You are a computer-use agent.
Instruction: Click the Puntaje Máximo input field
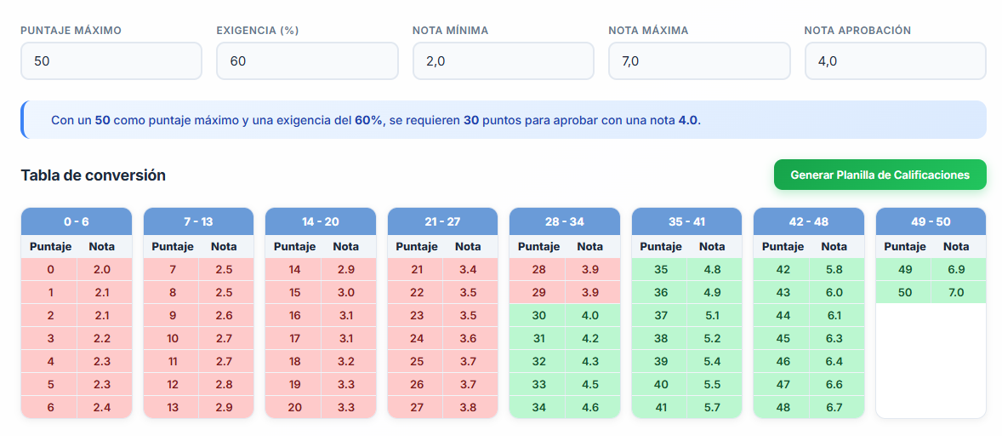pyautogui.click(x=111, y=61)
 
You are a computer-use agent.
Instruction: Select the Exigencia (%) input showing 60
pyautogui.click(x=306, y=61)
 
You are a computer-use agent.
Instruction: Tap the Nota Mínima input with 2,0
pyautogui.click(x=503, y=61)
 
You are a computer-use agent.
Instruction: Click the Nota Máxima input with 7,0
pyautogui.click(x=698, y=61)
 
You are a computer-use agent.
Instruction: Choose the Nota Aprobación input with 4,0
pyautogui.click(x=895, y=61)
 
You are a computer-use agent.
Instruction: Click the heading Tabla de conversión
pyautogui.click(x=93, y=175)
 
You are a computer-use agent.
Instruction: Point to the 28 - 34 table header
pyautogui.click(x=564, y=221)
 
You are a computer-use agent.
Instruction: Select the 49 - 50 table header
pyautogui.click(x=931, y=221)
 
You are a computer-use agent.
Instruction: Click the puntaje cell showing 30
pyautogui.click(x=538, y=315)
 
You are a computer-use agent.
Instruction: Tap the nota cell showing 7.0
pyautogui.click(x=956, y=292)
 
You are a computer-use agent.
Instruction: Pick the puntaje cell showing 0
pyautogui.click(x=50, y=269)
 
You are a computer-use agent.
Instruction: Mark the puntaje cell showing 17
pyautogui.click(x=294, y=338)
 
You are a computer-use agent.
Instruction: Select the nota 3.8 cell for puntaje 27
pyautogui.click(x=468, y=407)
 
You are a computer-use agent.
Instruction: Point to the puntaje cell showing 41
pyautogui.click(x=661, y=407)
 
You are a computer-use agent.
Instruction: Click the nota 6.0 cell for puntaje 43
pyautogui.click(x=834, y=292)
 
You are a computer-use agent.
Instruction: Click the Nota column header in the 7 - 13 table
pyautogui.click(x=224, y=247)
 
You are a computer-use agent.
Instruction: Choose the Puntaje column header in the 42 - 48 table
pyautogui.click(x=783, y=247)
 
